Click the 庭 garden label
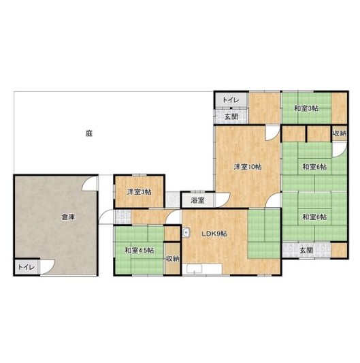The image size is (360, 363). point(89,133)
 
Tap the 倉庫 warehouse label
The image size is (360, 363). point(68,217)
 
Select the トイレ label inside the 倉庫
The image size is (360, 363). point(27,267)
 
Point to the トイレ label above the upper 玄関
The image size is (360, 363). point(231,100)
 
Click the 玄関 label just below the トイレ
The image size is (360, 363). point(231,116)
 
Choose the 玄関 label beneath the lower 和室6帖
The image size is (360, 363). point(306,250)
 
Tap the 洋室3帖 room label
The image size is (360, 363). point(140,191)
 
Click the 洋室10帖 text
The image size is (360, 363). point(248,167)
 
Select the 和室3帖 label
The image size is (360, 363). point(306,108)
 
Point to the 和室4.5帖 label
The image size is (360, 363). point(140,251)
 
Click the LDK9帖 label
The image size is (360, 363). point(214,234)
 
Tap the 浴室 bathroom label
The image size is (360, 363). point(197,200)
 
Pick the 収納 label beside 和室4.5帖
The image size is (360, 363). point(173,259)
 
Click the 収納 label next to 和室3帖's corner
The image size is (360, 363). point(340,133)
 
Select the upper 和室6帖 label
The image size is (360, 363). point(314,167)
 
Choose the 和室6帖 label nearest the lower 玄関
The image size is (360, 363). point(314,217)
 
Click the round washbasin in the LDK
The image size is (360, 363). point(186,233)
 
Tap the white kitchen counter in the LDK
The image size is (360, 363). point(202,268)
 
